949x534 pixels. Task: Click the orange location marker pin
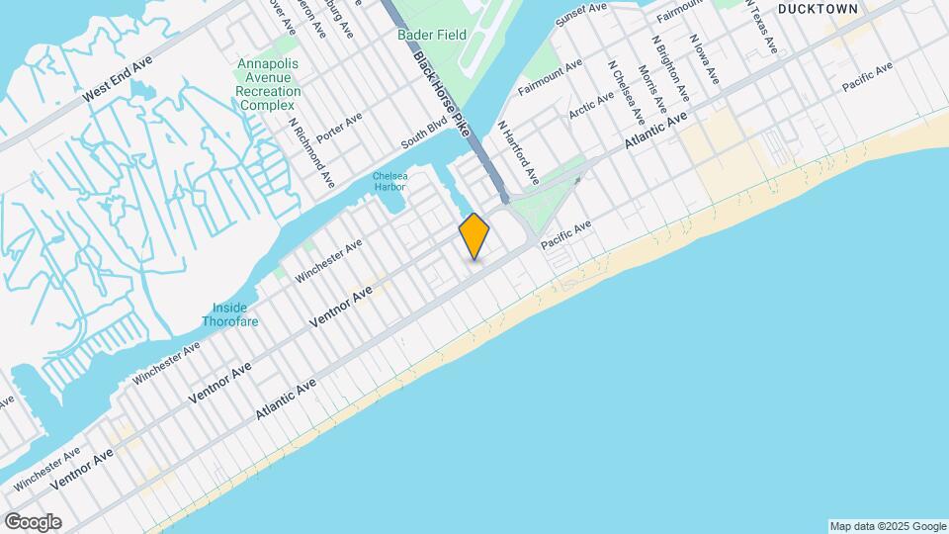click(474, 236)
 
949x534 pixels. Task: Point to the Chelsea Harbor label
click(389, 182)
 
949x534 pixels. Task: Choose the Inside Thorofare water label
click(230, 314)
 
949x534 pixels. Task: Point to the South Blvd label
click(424, 137)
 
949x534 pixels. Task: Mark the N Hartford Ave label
click(518, 153)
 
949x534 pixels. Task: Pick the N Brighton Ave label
click(670, 67)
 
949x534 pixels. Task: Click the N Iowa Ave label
click(704, 60)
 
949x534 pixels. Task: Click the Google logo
click(33, 521)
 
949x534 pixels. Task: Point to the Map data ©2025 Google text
click(887, 526)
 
